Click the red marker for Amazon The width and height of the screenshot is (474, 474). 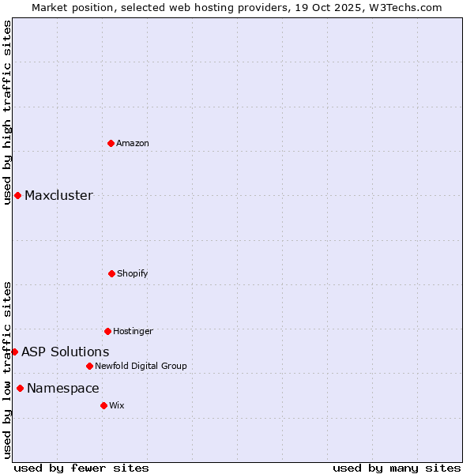pyautogui.click(x=111, y=143)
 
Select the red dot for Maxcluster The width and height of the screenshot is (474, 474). pyautogui.click(x=17, y=195)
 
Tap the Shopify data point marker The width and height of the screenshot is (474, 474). pyautogui.click(x=111, y=273)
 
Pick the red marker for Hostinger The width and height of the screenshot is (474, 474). pyautogui.click(x=107, y=331)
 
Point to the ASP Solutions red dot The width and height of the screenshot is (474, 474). pyautogui.click(x=14, y=352)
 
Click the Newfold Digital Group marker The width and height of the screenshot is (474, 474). pyautogui.click(x=89, y=366)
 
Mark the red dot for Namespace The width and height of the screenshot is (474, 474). pyautogui.click(x=20, y=388)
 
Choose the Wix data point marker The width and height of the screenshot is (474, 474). pyautogui.click(x=103, y=405)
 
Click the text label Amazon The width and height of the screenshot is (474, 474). pyautogui.click(x=133, y=143)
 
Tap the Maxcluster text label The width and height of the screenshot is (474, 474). pyautogui.click(x=58, y=196)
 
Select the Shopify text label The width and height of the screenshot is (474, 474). pyautogui.click(x=133, y=273)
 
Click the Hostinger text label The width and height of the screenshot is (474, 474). pyautogui.click(x=133, y=331)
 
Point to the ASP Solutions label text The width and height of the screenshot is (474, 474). pyautogui.click(x=65, y=352)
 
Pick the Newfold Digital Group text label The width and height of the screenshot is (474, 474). pyautogui.click(x=141, y=366)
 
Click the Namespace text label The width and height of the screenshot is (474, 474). pyautogui.click(x=62, y=389)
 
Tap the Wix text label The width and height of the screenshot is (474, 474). pyautogui.click(x=117, y=405)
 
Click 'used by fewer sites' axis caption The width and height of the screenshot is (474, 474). pyautogui.click(x=81, y=468)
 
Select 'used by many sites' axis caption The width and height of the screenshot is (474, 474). pyautogui.click(x=397, y=468)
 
